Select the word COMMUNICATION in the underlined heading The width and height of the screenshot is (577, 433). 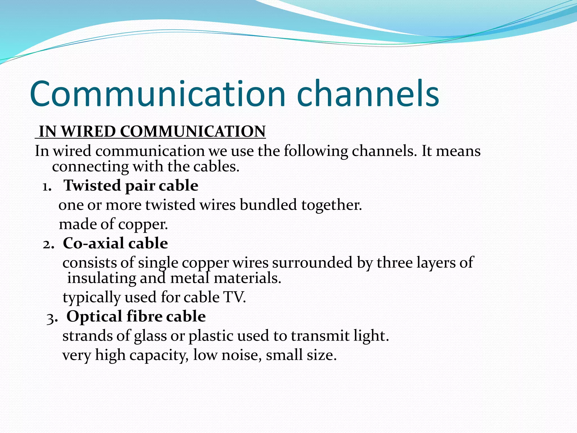(x=193, y=131)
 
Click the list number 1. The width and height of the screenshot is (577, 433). (x=46, y=187)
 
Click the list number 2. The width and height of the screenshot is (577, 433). (x=48, y=244)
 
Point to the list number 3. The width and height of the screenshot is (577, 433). (x=52, y=318)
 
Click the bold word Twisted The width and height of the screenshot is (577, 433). (x=92, y=185)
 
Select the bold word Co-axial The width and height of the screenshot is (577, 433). (x=93, y=243)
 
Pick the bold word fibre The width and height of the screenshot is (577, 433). (x=144, y=316)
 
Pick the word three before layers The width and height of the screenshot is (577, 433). (x=394, y=262)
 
